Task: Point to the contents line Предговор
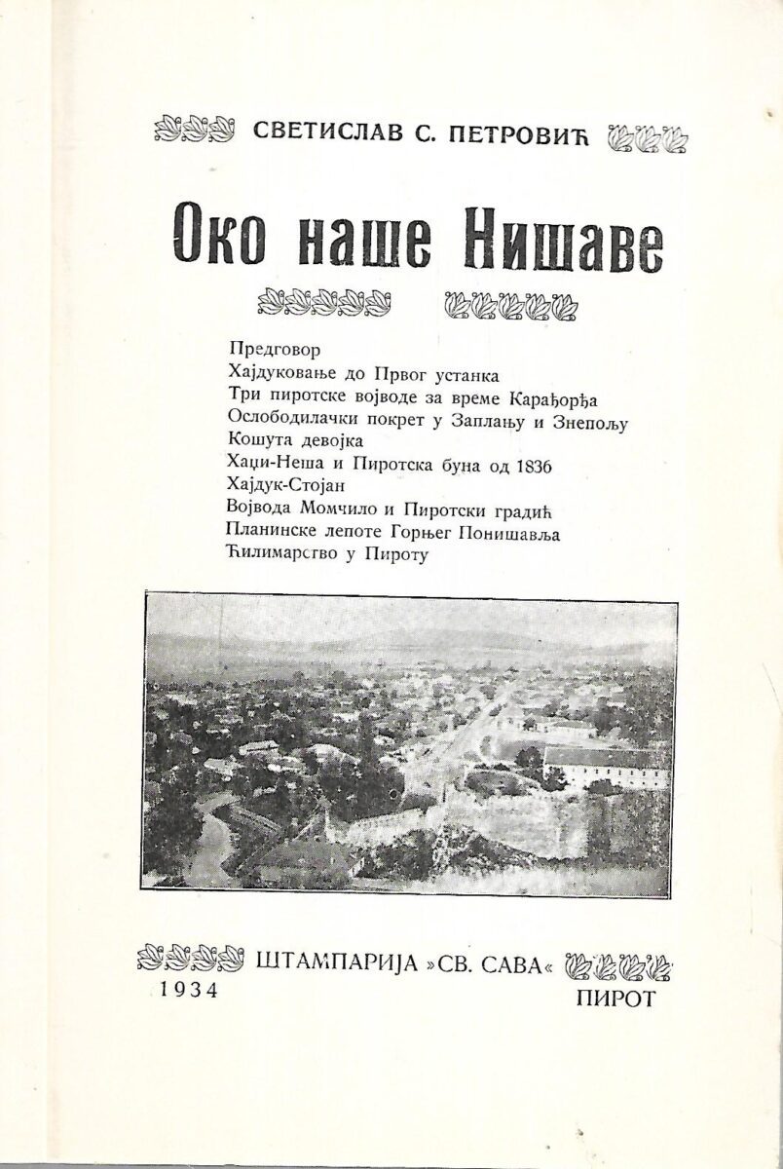click(x=275, y=348)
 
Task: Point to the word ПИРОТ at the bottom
click(x=616, y=997)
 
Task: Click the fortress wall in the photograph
click(x=506, y=818)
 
